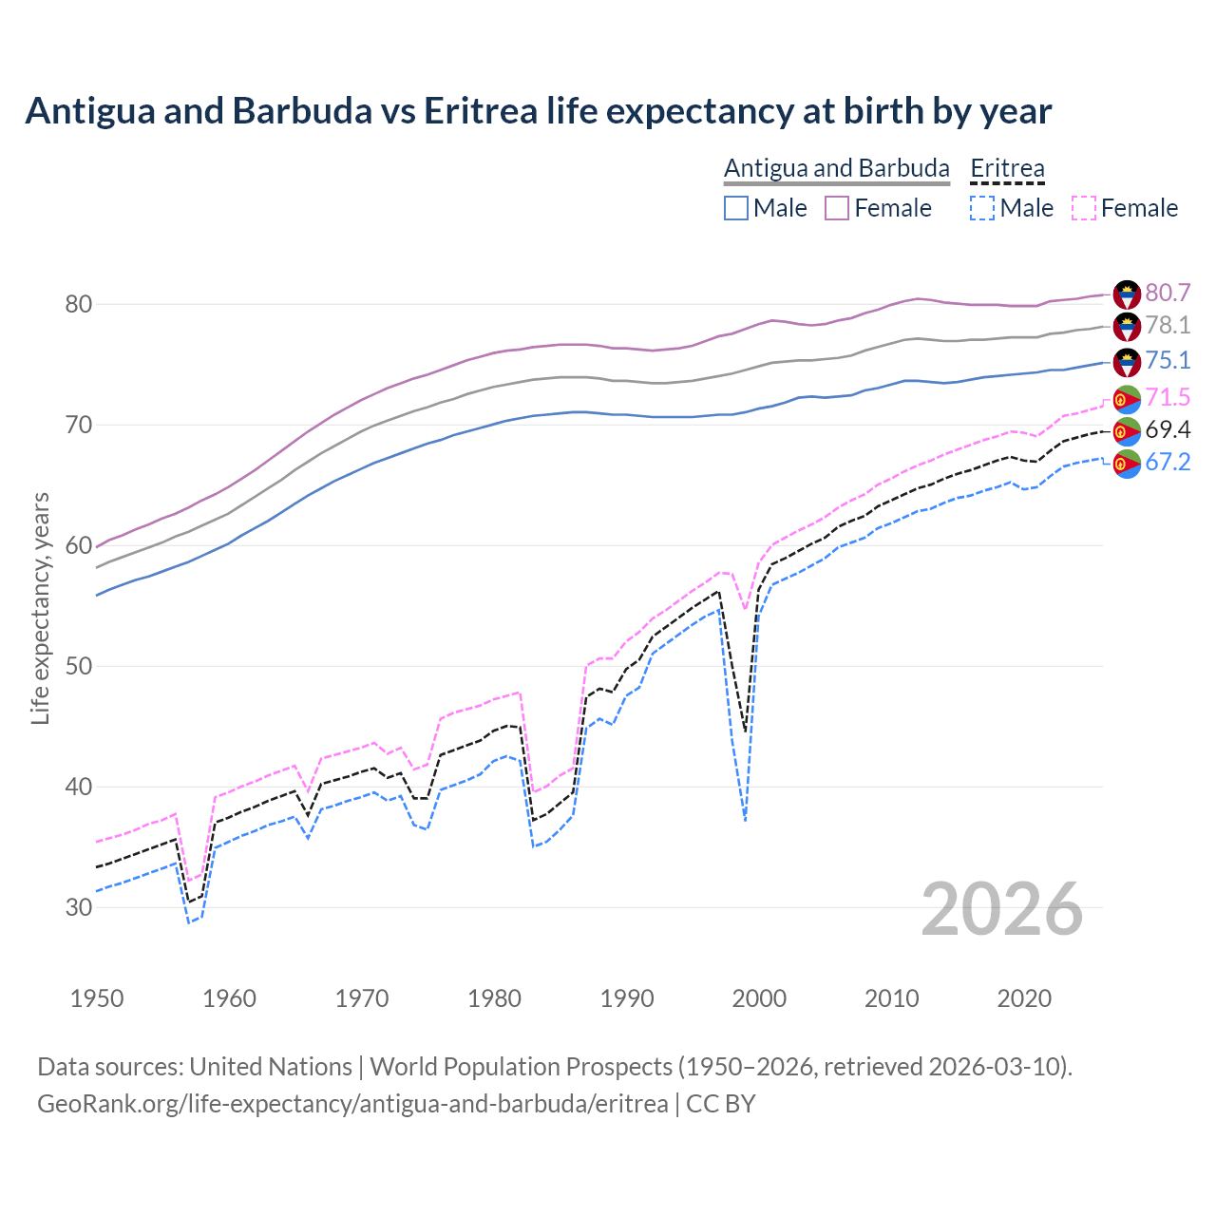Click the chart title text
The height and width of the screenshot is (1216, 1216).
click(538, 111)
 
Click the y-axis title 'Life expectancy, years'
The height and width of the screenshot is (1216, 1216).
click(40, 609)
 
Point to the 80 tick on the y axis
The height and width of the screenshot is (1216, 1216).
click(78, 305)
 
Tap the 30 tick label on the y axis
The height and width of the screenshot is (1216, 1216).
click(78, 907)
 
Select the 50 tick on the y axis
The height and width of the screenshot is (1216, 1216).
click(78, 666)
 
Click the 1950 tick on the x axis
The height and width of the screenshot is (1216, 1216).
click(97, 998)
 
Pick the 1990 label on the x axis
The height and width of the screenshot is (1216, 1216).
click(627, 998)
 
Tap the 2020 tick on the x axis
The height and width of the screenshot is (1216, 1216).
click(1024, 998)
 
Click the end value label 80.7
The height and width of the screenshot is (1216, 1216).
click(1168, 293)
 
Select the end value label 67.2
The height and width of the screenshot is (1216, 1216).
click(1168, 463)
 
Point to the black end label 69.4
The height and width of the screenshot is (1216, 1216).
click(1168, 430)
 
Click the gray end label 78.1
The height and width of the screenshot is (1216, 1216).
click(1168, 326)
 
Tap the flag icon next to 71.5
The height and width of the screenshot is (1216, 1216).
click(1127, 399)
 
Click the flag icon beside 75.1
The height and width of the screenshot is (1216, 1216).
click(1127, 362)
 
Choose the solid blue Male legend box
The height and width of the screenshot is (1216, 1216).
click(736, 208)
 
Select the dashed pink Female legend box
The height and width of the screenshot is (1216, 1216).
click(1084, 208)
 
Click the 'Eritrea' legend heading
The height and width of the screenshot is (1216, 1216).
click(1007, 169)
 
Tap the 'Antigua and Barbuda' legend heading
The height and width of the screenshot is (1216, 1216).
click(836, 169)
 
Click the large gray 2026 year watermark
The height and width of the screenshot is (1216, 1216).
click(1002, 909)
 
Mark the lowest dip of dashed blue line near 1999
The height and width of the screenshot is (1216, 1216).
click(746, 819)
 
